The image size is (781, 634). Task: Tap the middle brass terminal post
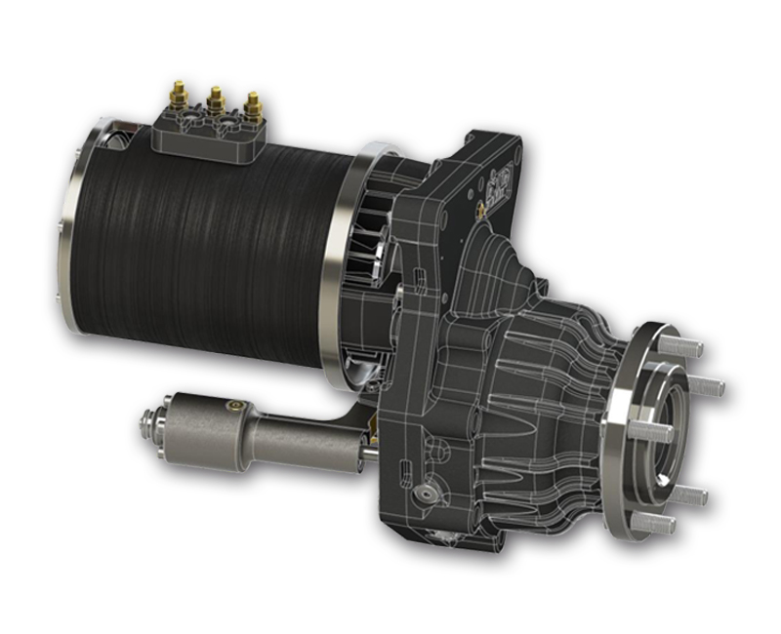(x=216, y=99)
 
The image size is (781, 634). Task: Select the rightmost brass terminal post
(x=252, y=104)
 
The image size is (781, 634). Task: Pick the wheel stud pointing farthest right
(x=711, y=386)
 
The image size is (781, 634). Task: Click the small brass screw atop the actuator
(x=231, y=402)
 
